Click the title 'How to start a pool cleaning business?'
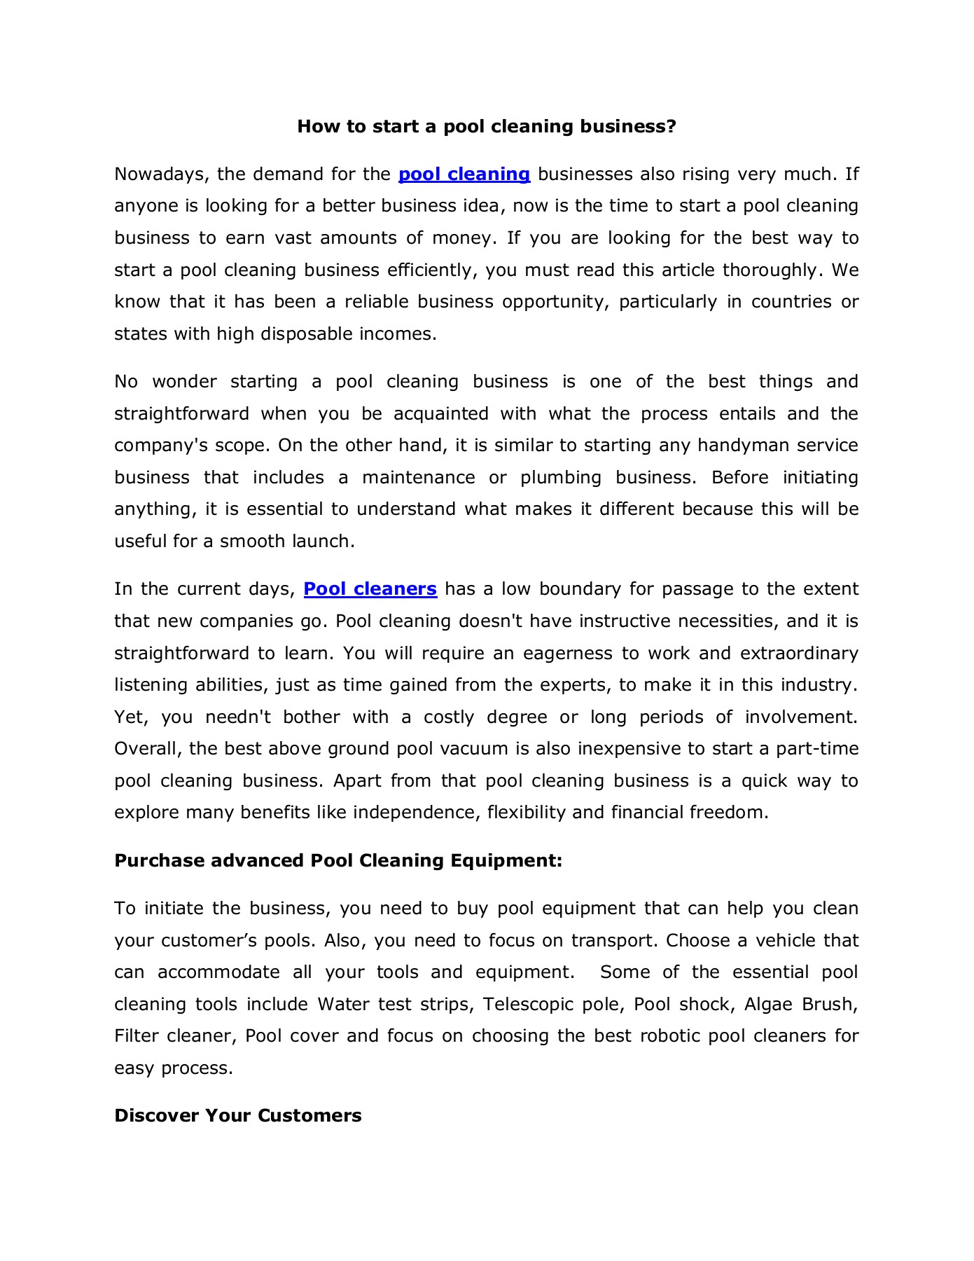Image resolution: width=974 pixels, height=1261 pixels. coord(487,126)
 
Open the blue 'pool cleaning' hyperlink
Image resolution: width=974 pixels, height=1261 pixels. coord(464,174)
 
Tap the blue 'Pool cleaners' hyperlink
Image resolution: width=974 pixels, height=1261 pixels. coord(370,588)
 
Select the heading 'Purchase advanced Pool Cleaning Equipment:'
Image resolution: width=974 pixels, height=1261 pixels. coord(338,860)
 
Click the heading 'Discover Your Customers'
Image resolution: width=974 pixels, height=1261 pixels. coord(237,1115)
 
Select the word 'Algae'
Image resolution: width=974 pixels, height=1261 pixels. coord(769,1004)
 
